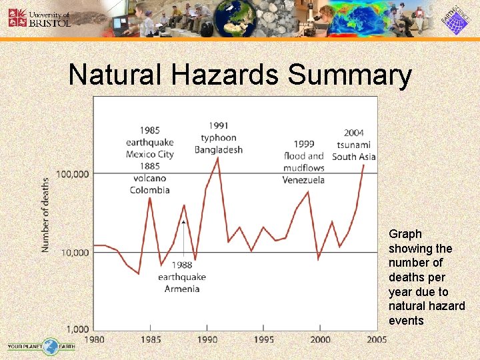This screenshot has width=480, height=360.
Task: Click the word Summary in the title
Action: (349, 75)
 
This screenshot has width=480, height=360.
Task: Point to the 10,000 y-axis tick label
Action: (75, 253)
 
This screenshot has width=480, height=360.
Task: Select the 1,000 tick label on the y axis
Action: (77, 329)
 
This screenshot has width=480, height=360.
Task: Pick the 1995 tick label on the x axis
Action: (263, 339)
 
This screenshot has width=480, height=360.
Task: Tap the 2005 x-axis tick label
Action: (377, 339)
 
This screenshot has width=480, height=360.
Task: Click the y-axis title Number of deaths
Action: (46, 215)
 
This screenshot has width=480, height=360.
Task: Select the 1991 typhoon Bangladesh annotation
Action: (219, 137)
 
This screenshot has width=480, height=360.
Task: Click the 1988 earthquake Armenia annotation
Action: (182, 277)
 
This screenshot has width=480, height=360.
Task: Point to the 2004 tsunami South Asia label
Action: (354, 144)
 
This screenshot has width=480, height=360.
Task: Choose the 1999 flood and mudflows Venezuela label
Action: (303, 162)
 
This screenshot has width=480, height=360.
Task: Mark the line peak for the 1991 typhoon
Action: (218, 158)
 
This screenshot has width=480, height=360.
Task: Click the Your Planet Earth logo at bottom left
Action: (41, 346)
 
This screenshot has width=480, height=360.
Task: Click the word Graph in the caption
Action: (405, 234)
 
